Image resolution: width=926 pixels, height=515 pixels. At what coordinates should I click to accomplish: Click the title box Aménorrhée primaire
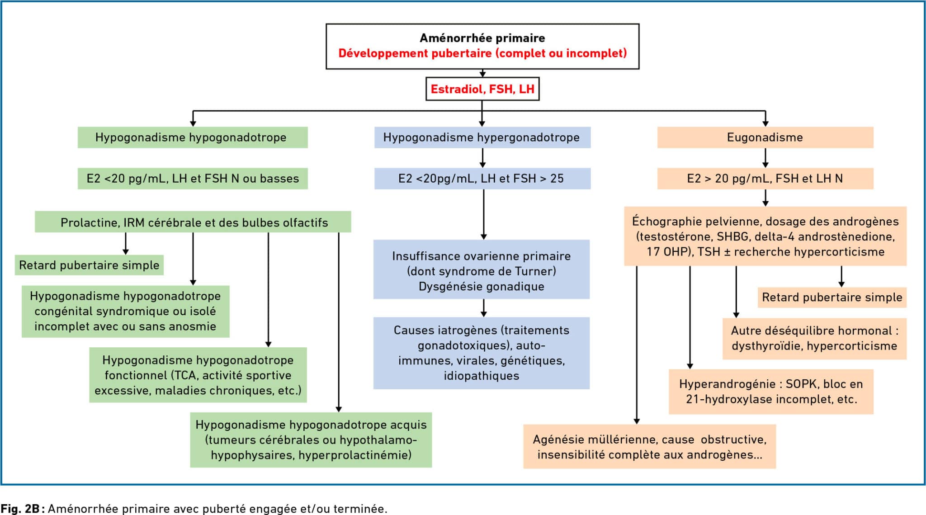pos(482,46)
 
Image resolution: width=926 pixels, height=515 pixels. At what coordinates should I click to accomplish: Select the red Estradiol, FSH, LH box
pos(482,89)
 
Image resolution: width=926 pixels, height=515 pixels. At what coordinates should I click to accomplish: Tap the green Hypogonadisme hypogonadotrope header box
pos(193,137)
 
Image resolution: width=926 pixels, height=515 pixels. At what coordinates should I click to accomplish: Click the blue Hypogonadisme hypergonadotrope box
pos(482,137)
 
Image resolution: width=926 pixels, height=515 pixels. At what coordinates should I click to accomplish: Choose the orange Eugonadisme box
pos(765,137)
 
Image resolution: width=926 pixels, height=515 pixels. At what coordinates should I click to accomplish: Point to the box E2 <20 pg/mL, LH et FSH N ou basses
pos(193,179)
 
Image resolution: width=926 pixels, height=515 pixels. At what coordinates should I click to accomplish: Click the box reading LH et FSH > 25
pos(482,179)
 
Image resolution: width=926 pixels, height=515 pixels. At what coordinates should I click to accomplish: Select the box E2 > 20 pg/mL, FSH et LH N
pos(765,179)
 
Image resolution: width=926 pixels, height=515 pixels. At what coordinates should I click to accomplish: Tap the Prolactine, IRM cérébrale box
pos(193,222)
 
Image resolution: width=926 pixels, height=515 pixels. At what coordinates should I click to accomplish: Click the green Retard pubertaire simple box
pos(89,265)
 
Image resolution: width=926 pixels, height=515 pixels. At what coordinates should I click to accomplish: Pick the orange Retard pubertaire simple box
pos(832,298)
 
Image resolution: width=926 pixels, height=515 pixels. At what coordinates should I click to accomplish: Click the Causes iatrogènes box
pos(482,353)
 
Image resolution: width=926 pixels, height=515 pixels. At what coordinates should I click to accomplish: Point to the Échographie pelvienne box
pos(765,236)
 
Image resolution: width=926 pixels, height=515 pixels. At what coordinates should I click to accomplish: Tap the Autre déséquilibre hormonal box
pos(814,339)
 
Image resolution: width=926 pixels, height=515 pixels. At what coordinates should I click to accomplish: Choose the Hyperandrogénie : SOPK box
pos(771,392)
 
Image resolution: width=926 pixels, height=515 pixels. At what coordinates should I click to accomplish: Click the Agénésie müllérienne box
pos(650,446)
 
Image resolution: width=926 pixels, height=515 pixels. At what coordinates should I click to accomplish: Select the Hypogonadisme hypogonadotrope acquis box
pos(311,439)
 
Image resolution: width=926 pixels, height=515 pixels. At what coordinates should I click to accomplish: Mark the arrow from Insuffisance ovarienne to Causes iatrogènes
pos(483,308)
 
